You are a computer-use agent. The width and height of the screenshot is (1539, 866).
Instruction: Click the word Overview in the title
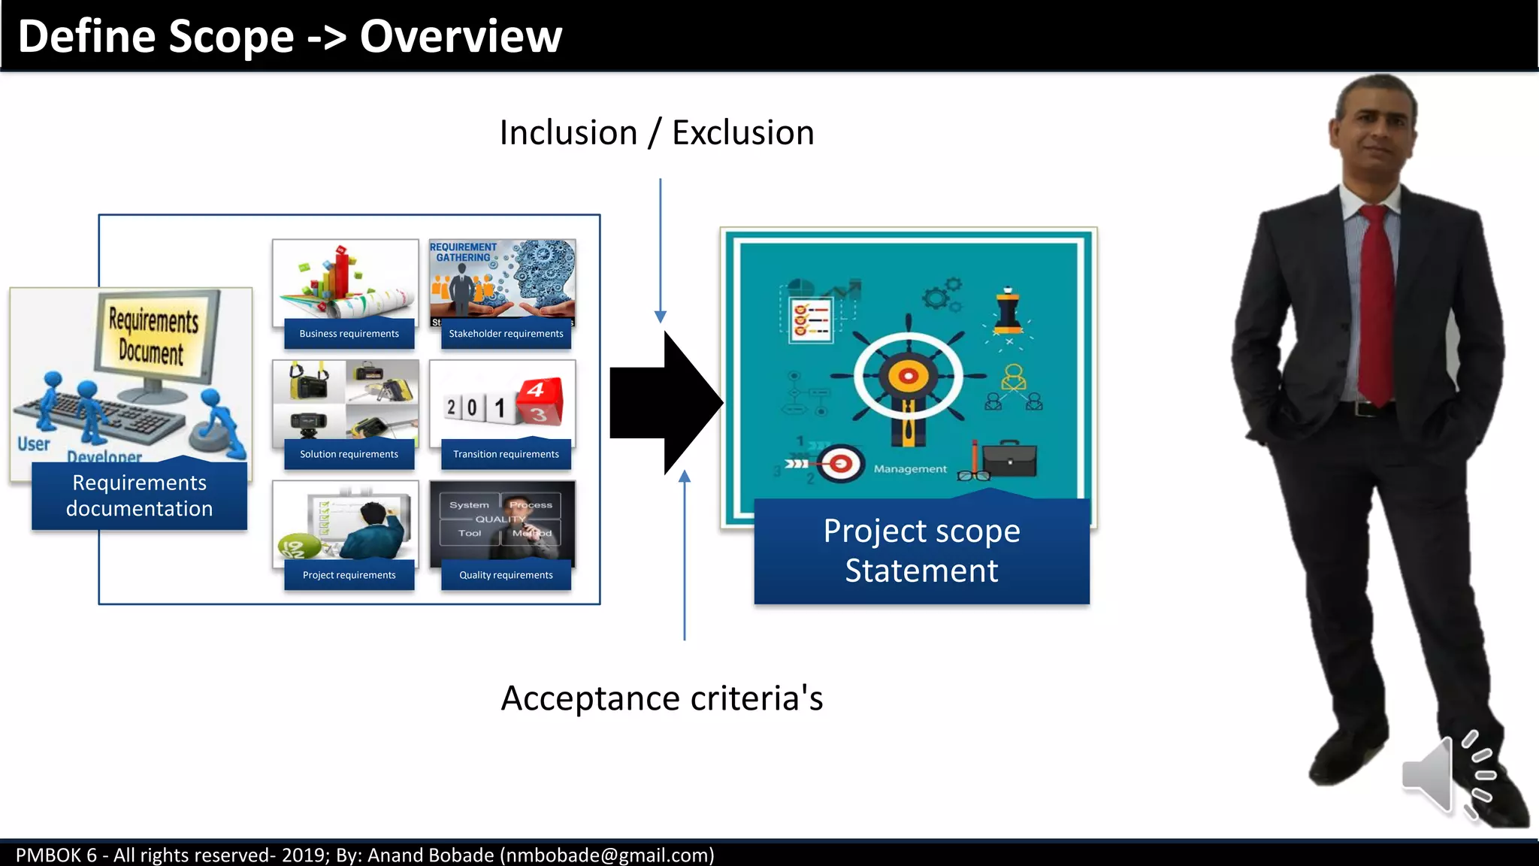(x=460, y=36)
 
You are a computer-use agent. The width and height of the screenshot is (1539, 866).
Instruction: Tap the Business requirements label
(x=349, y=334)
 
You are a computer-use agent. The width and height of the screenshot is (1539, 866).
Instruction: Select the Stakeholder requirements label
(x=506, y=334)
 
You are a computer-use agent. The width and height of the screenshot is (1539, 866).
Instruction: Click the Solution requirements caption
(x=349, y=454)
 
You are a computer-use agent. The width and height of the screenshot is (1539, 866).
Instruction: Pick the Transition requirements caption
(x=506, y=454)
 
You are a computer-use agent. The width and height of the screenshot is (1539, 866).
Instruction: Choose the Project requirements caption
(x=349, y=575)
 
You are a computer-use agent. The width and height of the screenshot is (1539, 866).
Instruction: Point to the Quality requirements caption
(x=506, y=575)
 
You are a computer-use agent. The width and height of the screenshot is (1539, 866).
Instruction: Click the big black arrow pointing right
(x=661, y=404)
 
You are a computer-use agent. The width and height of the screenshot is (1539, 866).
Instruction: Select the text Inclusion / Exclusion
(x=657, y=133)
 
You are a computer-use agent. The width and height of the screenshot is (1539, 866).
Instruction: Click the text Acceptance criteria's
(x=661, y=698)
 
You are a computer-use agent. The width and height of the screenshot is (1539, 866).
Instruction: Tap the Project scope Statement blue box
(x=921, y=551)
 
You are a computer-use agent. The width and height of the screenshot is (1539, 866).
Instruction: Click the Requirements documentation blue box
(x=139, y=496)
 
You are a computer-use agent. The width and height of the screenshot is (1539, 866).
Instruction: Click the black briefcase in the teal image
(x=1010, y=459)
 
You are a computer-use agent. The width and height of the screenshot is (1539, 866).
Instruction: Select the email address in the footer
(x=606, y=855)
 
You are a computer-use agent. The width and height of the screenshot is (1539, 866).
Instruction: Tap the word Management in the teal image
(x=910, y=469)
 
